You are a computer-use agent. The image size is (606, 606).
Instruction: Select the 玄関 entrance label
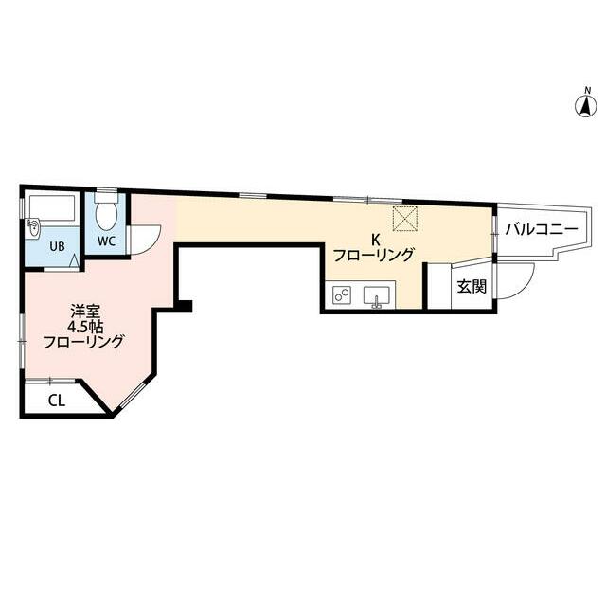click(x=472, y=287)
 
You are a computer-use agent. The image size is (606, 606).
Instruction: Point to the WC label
click(x=106, y=241)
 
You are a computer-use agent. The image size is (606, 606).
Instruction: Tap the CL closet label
click(x=57, y=400)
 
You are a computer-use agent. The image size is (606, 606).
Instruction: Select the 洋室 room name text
click(x=83, y=310)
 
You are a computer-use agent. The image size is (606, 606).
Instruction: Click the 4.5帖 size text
click(x=83, y=326)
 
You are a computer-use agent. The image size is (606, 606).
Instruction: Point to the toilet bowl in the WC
click(x=106, y=213)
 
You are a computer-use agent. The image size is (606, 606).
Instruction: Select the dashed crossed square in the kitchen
click(x=406, y=218)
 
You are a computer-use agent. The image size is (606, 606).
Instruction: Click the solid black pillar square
click(x=187, y=306)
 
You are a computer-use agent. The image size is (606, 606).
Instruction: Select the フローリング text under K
click(x=373, y=255)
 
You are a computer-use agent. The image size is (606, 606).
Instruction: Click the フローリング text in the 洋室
click(x=83, y=343)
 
